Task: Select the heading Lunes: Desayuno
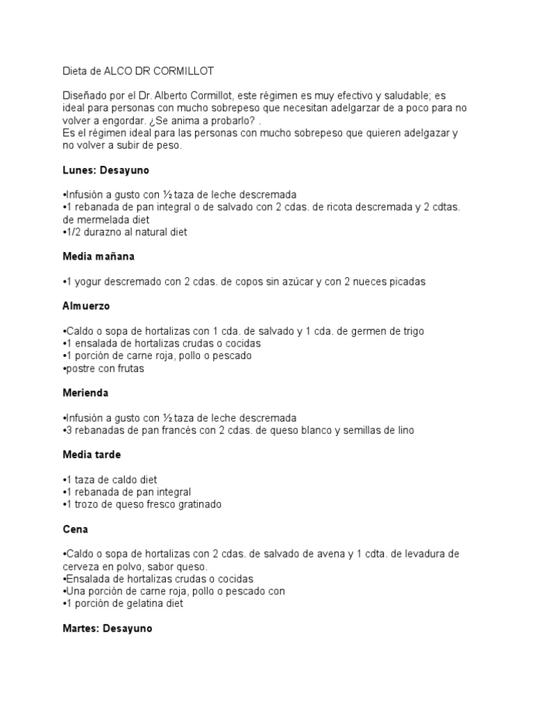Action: click(105, 169)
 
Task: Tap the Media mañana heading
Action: click(98, 256)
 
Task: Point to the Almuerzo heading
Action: click(86, 306)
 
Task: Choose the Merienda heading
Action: click(85, 393)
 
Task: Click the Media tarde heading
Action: click(92, 455)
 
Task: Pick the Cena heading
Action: click(74, 529)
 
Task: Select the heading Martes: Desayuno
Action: click(108, 628)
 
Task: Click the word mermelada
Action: click(99, 219)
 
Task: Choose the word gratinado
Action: click(198, 504)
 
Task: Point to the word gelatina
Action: click(137, 604)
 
